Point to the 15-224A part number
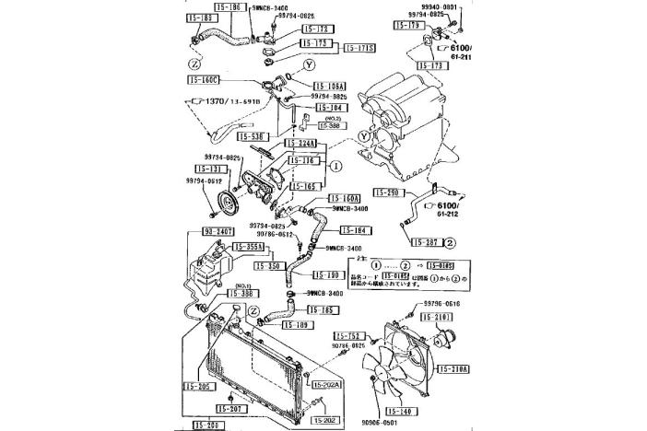click(x=302, y=143)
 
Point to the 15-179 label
click(x=407, y=26)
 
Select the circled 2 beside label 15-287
click(x=449, y=242)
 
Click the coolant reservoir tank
click(x=204, y=271)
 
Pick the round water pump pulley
click(x=224, y=204)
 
